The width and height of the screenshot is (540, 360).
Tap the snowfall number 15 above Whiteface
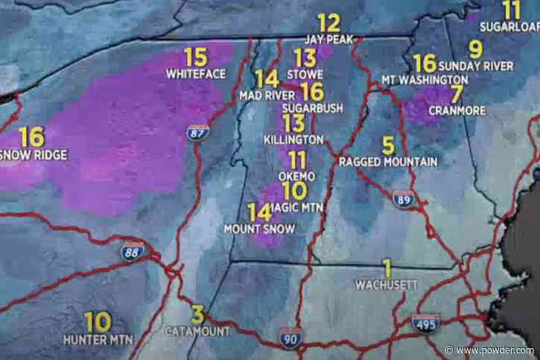coord(196,57)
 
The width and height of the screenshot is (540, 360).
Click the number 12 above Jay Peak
coord(328,22)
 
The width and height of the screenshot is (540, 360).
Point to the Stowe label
coord(308,75)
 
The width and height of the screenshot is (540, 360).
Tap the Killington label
coord(293,139)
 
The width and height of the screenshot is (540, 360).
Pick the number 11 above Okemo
coord(297,160)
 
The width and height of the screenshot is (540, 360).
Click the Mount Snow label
coord(260,229)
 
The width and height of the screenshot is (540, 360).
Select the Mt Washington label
coord(425,79)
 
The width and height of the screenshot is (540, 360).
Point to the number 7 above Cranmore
coord(457,95)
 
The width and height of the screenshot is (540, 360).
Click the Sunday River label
coord(480,66)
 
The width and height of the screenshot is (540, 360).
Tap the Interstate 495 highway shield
coord(425,323)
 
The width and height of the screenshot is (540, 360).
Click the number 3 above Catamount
coord(197,315)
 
